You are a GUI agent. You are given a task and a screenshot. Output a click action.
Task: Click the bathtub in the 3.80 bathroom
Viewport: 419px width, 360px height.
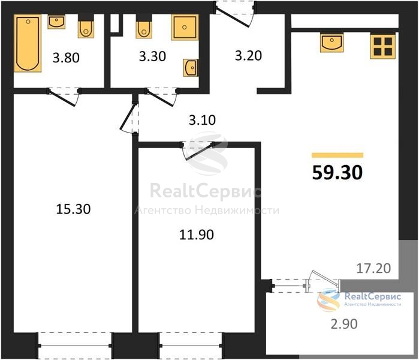point(28,43)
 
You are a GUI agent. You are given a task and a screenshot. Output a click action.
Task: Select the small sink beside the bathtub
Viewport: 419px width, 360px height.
point(56,22)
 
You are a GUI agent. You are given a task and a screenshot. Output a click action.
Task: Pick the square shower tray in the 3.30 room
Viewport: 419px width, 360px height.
point(185,27)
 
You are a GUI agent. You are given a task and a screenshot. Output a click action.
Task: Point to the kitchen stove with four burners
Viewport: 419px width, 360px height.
point(382,46)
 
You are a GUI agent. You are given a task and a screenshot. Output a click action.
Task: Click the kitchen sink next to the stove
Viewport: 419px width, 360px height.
point(332,43)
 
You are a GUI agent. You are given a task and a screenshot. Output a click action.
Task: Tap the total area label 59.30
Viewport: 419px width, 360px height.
point(337,173)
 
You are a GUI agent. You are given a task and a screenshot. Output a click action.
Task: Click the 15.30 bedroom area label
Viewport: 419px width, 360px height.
point(74,209)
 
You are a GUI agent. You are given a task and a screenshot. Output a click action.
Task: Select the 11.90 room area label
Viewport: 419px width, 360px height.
point(197,235)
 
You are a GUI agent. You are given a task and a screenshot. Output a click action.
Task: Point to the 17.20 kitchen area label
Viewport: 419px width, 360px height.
point(374,268)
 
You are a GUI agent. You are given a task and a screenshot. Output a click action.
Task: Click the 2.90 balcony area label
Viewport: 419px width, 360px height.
point(344,324)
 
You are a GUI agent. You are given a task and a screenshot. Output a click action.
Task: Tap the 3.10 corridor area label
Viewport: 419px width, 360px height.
point(202,120)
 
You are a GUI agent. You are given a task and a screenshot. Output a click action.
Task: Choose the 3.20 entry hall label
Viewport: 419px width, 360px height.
point(249,56)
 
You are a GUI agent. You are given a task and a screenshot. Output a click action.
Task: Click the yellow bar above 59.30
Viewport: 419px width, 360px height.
point(337,155)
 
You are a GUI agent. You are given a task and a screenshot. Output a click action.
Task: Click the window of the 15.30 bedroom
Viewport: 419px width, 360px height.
point(76,346)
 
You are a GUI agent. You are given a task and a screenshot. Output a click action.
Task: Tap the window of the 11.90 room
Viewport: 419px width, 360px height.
point(191,346)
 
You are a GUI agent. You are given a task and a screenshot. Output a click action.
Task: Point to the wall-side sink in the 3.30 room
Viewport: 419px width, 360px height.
point(191,68)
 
